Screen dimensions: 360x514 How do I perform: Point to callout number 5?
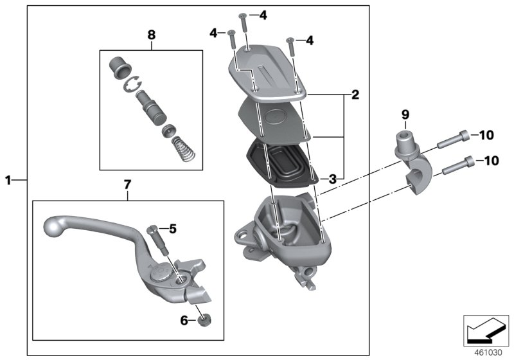172,228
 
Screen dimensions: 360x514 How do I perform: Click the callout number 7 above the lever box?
127,185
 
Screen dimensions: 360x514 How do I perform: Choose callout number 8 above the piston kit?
152,35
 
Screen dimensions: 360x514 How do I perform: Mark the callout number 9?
405,114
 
